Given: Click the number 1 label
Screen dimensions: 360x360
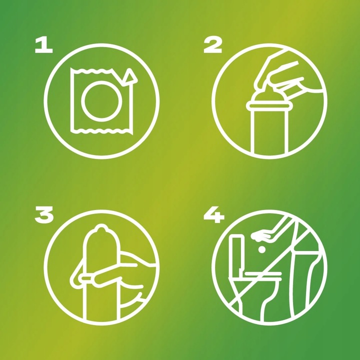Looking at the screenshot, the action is point(43,45).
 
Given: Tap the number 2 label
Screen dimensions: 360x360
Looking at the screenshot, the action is point(212,45).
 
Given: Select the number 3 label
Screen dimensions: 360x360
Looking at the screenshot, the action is point(44,214).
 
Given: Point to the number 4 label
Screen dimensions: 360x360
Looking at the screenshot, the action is point(214,214).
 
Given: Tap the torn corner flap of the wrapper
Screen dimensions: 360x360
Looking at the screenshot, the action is point(130,76).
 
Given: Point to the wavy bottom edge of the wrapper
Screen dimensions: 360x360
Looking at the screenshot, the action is point(101,131).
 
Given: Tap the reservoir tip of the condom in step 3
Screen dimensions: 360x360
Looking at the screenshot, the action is point(101,228).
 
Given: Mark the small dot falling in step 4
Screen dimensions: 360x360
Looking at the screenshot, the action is point(261,249).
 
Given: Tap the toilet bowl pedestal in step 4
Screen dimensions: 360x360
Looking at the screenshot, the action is point(264,298).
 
